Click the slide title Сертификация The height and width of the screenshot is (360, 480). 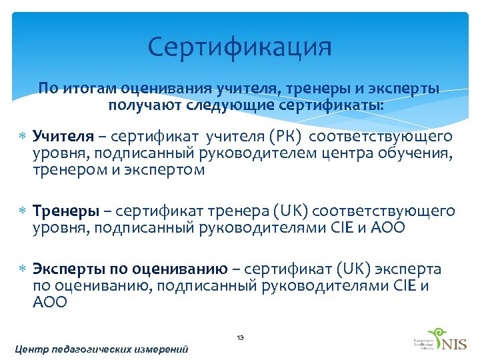pyautogui.click(x=239, y=47)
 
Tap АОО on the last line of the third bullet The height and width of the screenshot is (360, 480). pyautogui.click(x=50, y=303)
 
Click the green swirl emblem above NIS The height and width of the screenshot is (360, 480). pyautogui.click(x=437, y=334)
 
